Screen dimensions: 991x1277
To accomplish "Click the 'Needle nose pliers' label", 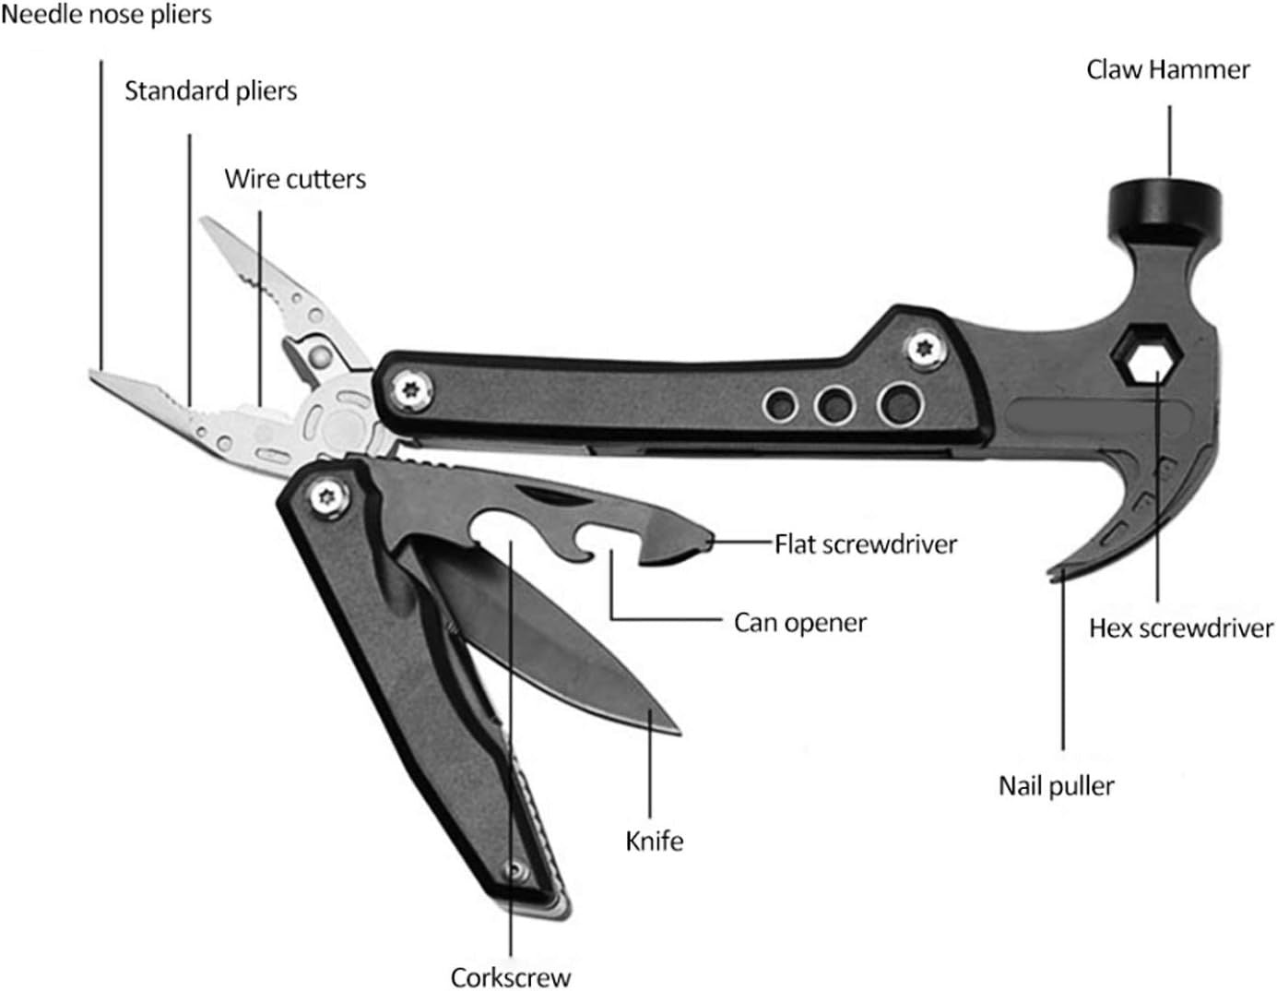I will tap(106, 15).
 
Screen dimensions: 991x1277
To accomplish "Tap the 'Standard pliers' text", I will tap(211, 90).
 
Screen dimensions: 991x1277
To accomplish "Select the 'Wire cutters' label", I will tap(295, 178).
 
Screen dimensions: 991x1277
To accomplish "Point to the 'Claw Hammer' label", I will tap(1168, 70).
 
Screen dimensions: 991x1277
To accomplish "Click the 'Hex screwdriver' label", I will tap(1181, 628).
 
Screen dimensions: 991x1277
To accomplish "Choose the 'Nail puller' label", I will tap(1057, 786).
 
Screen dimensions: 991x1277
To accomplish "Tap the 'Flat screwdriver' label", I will tap(866, 544).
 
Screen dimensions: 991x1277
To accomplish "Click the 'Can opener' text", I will tap(800, 623).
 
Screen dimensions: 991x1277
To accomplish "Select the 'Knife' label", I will tap(655, 842).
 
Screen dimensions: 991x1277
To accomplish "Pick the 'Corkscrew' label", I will tap(511, 976).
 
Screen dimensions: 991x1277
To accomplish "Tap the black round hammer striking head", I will tap(1165, 202).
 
